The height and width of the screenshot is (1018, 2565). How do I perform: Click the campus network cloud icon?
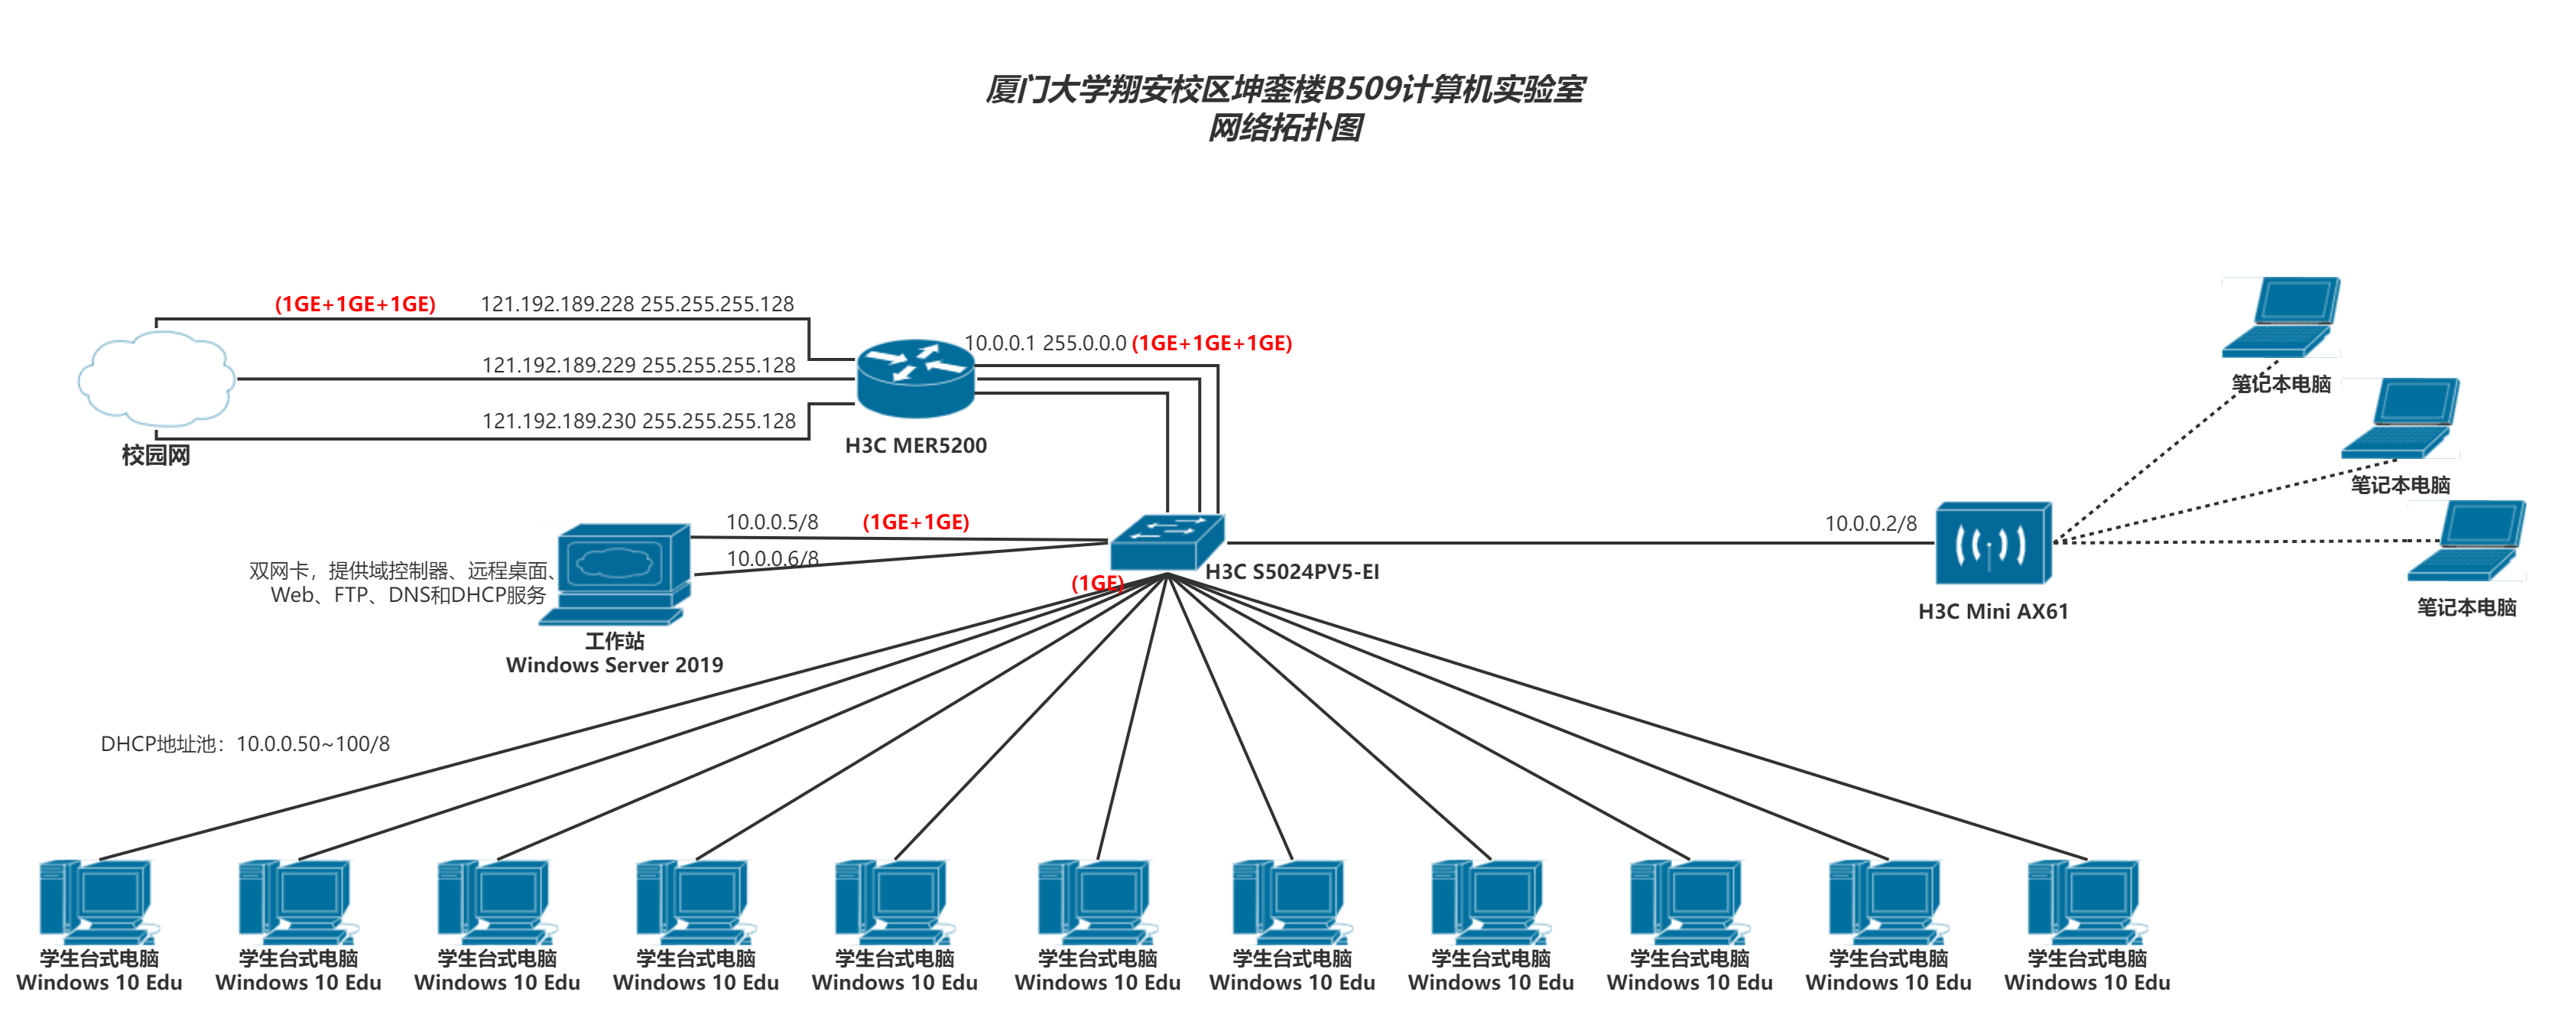(156, 379)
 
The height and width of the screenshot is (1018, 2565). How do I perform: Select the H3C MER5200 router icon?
(915, 379)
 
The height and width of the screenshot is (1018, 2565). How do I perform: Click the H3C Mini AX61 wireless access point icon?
(1992, 543)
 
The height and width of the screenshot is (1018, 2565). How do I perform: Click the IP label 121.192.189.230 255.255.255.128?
(638, 421)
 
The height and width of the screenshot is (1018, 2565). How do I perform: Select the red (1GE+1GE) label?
(915, 522)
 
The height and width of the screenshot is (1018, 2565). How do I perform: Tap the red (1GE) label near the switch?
(1096, 584)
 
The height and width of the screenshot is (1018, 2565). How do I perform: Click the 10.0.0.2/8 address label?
(1870, 524)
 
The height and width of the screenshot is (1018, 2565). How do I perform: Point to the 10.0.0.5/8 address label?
(771, 522)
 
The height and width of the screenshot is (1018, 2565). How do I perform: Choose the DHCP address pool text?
(245, 744)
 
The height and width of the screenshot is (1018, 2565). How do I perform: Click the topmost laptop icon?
(2281, 317)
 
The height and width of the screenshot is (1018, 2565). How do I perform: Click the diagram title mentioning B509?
(1284, 89)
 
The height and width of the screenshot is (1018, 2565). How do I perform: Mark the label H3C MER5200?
(915, 445)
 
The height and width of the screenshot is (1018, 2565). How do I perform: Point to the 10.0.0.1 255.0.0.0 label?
(1046, 343)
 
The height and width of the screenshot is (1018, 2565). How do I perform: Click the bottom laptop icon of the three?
(2466, 541)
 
